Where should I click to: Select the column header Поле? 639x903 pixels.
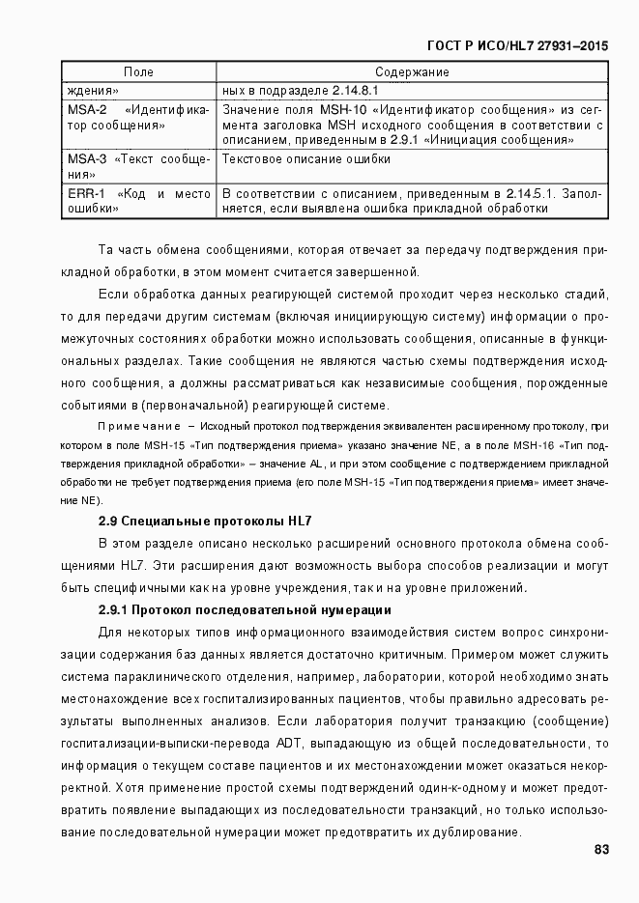coord(138,72)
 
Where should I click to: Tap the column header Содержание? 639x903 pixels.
coord(412,72)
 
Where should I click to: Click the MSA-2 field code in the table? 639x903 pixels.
coord(87,110)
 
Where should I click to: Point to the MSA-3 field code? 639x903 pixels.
coord(87,159)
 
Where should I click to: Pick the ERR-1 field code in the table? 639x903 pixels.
coord(86,193)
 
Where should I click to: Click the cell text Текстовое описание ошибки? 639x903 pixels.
coord(306,159)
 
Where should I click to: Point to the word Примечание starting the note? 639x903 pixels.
coord(139,425)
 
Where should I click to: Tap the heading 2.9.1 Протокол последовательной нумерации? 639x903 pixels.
coord(245,609)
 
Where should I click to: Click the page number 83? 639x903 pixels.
coord(599,850)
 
